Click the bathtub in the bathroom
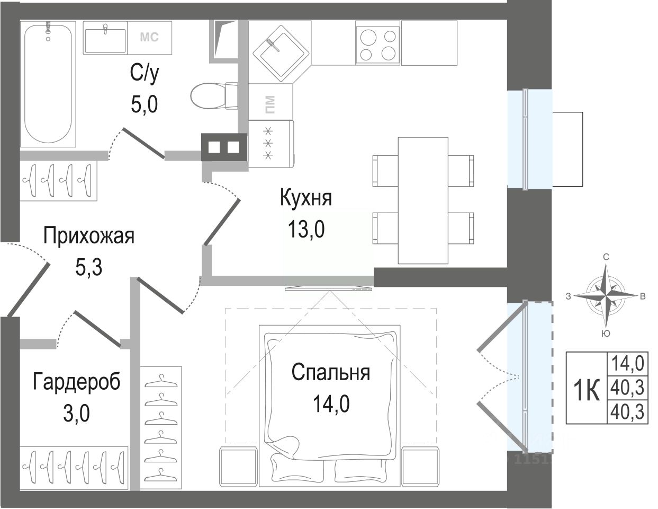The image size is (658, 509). point(48,84)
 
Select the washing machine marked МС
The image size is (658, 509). point(150,38)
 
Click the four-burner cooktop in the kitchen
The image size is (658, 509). point(377,42)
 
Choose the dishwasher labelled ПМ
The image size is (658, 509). point(271,102)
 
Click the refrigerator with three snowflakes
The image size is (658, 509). point(271,144)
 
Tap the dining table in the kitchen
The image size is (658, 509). point(423,200)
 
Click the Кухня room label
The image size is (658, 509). point(306,198)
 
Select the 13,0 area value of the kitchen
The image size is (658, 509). point(306,229)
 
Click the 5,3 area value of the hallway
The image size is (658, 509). point(89,267)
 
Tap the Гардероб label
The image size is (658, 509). point(76,381)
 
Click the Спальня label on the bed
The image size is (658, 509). point(331,372)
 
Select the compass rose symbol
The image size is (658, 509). point(606,295)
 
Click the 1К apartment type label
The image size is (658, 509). point(587,390)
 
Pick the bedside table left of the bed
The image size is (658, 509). point(238,466)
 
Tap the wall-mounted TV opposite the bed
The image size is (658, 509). point(328,289)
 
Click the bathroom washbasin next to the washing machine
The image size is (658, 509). point(105,38)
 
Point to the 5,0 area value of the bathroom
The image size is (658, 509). point(144,104)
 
